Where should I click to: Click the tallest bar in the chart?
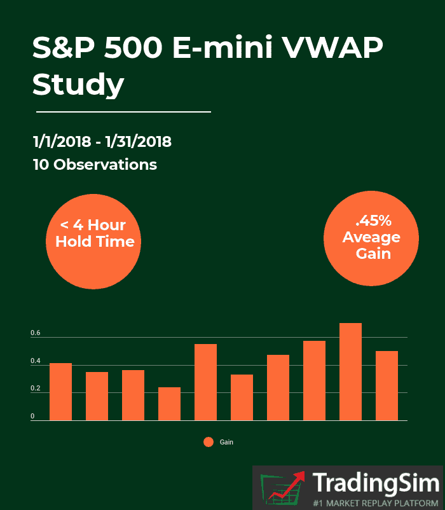coord(350,372)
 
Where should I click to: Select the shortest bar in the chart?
coord(169,404)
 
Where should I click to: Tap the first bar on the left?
coord(60,392)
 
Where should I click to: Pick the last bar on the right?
coord(387,385)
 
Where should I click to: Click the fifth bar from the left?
coord(205,382)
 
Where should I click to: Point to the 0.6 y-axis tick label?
coord(35,333)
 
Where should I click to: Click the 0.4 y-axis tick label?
coord(35,361)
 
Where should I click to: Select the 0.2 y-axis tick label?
coord(35,389)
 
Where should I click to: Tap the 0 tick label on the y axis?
coord(32,417)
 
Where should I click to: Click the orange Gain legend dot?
coord(209,442)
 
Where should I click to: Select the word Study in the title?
coord(78,85)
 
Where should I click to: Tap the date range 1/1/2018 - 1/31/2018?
coord(102,141)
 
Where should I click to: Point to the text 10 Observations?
coord(95,164)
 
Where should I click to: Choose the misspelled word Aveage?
coord(371,238)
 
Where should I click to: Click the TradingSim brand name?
coord(376,483)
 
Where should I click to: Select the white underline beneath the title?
coord(123,112)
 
